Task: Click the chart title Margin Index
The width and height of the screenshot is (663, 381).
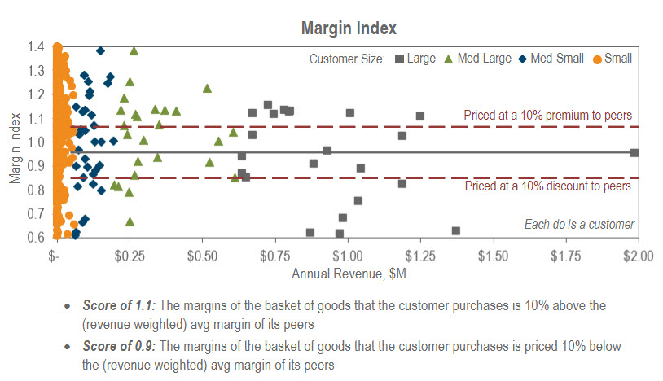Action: point(349,28)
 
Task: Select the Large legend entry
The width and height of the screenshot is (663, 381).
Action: point(411,59)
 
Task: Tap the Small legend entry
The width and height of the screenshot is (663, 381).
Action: point(612,59)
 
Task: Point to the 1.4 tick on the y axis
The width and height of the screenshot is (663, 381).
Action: point(37,47)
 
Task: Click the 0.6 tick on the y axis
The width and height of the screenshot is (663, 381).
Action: point(37,238)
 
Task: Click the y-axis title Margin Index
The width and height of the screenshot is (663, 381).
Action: point(15,142)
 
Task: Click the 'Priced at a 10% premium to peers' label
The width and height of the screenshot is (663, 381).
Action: point(547,115)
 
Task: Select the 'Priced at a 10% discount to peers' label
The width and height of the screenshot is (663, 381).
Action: point(547,186)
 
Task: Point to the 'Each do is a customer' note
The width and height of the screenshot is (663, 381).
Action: point(578,225)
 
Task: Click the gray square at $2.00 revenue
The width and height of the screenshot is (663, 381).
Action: point(634,152)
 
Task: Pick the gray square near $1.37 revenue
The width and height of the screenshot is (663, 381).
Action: point(456,231)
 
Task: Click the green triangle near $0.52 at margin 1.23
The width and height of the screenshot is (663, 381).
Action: point(207,88)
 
